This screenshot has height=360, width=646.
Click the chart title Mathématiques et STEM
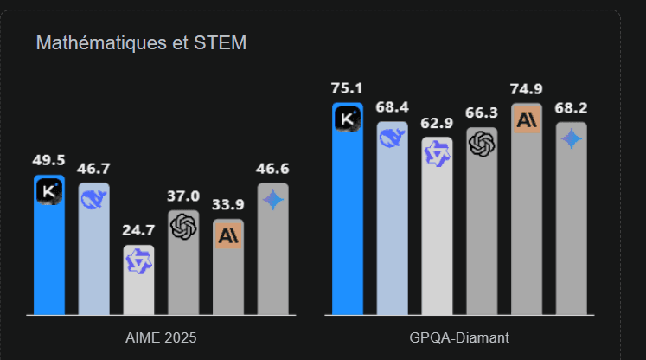(141, 43)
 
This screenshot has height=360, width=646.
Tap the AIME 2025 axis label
(162, 337)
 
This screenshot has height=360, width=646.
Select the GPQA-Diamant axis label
(459, 337)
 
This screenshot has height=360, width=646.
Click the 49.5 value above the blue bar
(49, 160)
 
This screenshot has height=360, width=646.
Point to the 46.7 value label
(93, 169)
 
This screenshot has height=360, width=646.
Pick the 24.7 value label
(138, 230)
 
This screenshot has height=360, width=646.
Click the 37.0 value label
(183, 196)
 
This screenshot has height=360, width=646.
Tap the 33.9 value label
(228, 205)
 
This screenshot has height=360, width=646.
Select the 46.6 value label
(273, 169)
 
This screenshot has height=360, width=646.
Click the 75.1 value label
(347, 88)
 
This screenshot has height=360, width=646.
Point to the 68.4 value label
(392, 106)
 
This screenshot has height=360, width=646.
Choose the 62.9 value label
(437, 122)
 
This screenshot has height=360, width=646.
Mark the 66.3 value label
(482, 113)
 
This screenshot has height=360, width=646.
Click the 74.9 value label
(527, 89)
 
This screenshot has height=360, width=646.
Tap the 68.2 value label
(572, 107)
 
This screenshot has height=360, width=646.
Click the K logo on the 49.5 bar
(49, 191)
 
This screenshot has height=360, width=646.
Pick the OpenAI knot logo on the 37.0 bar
(183, 227)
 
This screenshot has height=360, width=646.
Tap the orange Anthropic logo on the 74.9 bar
(527, 120)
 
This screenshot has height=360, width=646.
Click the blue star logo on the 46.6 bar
(273, 200)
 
